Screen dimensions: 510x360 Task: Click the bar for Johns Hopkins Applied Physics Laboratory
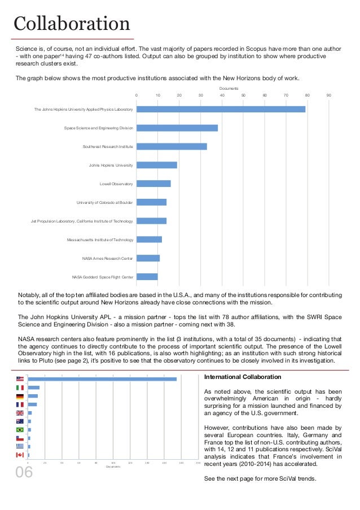click(x=221, y=109)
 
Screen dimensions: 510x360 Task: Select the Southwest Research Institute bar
click(x=172, y=146)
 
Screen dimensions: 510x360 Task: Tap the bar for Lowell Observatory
click(x=153, y=184)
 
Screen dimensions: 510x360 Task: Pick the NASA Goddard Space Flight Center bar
click(x=147, y=277)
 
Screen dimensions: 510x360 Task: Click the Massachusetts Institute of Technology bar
click(x=149, y=239)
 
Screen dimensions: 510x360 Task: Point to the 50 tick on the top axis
click(x=243, y=95)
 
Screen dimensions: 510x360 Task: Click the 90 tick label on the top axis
click(x=328, y=95)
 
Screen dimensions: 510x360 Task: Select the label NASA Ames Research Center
click(x=107, y=258)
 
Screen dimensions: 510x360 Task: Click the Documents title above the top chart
click(x=229, y=89)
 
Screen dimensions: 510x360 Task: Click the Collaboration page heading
click(x=72, y=24)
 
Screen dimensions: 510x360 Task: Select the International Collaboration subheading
click(x=242, y=377)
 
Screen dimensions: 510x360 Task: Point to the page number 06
click(x=24, y=472)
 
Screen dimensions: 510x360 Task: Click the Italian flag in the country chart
click(x=20, y=388)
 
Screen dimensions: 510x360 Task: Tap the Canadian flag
click(x=20, y=455)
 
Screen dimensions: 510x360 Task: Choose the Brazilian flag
click(x=20, y=430)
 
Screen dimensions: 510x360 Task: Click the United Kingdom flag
click(x=20, y=413)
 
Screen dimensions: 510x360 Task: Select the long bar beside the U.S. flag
click(x=102, y=379)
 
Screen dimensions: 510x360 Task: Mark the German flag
click(x=20, y=396)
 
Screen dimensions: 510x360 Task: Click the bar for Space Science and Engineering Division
click(x=177, y=128)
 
